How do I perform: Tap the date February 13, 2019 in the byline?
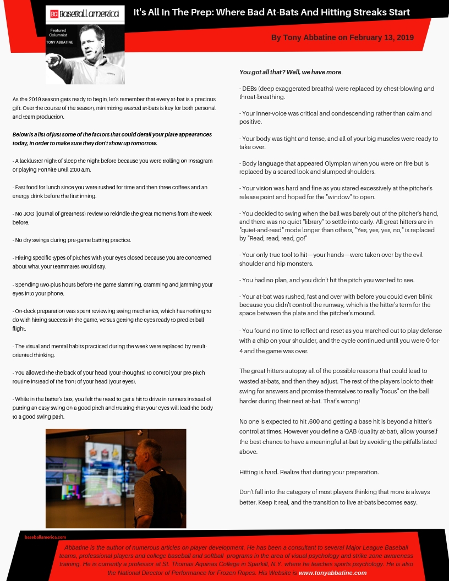[382, 37]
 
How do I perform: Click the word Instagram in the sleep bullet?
[199, 161]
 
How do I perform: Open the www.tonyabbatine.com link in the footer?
[332, 573]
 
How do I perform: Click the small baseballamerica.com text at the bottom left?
[45, 537]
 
